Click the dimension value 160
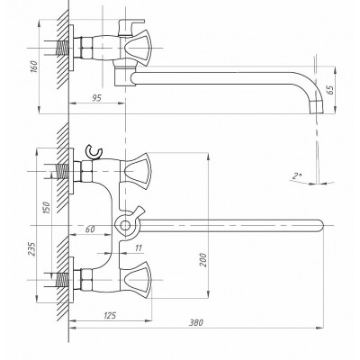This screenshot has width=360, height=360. tap(34, 67)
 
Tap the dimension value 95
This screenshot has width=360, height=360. tap(96, 98)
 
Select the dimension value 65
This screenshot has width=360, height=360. tap(330, 90)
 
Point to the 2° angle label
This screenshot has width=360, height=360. tap(297, 176)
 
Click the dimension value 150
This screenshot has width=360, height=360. tap(47, 208)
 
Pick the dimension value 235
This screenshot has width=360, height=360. tap(31, 248)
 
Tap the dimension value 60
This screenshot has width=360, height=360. tap(90, 229)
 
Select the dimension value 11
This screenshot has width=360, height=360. tap(139, 248)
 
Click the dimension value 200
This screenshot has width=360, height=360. tap(203, 260)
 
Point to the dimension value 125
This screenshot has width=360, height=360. tap(110, 315)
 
